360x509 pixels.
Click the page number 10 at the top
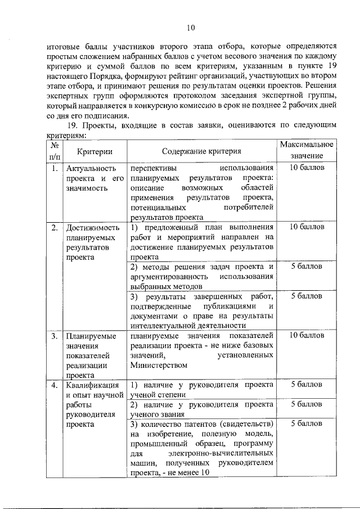click(190, 28)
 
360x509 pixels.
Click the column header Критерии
click(94, 151)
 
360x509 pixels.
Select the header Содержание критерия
click(202, 151)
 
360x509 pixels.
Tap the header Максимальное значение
click(307, 150)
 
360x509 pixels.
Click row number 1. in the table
click(53, 168)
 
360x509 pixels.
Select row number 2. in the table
click(54, 228)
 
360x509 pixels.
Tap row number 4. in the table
click(54, 385)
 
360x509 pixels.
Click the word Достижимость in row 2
click(93, 228)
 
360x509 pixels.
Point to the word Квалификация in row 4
click(93, 385)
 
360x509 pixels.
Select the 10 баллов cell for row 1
click(307, 168)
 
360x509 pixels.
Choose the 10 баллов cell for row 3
click(307, 336)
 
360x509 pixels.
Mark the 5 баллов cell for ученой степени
click(307, 385)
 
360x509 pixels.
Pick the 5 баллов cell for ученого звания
click(307, 404)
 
